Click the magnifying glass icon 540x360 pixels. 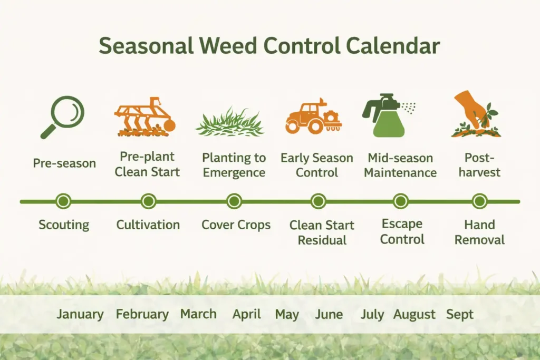63,116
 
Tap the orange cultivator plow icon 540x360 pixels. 145,117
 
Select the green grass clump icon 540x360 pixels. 230,122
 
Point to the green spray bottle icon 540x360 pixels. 387,116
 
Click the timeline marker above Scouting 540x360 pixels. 63,201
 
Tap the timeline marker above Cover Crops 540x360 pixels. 234,201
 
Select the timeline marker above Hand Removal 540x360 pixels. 479,201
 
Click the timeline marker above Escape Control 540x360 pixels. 401,201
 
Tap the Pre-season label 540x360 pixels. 64,163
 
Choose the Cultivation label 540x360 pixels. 148,225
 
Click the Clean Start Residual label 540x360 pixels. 322,233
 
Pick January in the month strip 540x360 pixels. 80,315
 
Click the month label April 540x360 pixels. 247,315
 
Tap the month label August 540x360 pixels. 414,315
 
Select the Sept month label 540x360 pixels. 460,315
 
